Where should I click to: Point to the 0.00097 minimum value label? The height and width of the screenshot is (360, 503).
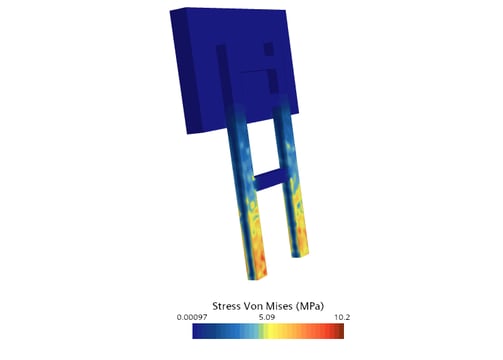click(192, 317)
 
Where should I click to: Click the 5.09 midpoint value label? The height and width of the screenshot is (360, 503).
click(267, 317)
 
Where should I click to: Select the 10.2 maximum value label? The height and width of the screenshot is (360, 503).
click(342, 317)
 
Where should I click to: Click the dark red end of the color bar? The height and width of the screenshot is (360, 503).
click(340, 331)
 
